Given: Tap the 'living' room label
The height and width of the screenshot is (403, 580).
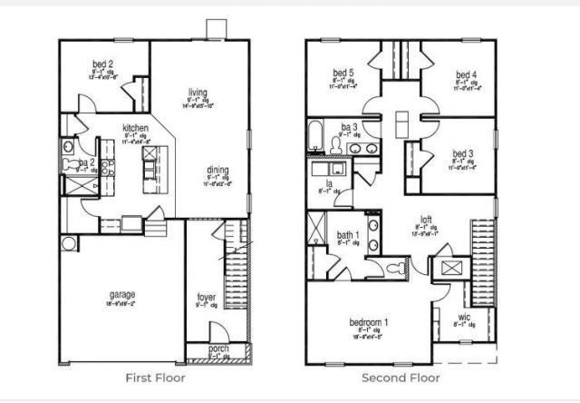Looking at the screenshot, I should (198, 93).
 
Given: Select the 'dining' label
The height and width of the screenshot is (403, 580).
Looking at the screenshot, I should (217, 170).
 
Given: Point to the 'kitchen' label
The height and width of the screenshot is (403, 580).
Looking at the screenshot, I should (137, 128).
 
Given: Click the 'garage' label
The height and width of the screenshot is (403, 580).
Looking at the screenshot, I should (122, 295).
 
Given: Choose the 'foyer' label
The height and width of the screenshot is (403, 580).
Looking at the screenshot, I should (207, 297).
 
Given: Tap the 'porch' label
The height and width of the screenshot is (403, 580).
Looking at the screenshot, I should (218, 349).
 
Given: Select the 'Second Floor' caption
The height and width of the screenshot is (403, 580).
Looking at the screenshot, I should (401, 377).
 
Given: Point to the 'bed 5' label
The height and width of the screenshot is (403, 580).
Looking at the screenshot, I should (342, 74).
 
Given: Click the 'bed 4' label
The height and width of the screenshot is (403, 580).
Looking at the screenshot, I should (466, 74).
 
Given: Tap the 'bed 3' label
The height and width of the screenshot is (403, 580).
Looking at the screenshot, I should (462, 153).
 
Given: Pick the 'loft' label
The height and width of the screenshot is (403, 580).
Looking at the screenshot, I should (425, 219).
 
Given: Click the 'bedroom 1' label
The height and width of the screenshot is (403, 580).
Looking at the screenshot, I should (369, 322).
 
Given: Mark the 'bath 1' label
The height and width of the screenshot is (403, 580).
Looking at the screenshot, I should (349, 234).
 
